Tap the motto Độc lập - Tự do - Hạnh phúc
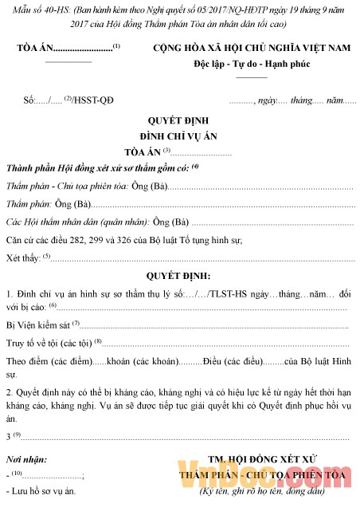pyautogui.click(x=252, y=64)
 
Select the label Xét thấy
pyautogui.click(x=22, y=257)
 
